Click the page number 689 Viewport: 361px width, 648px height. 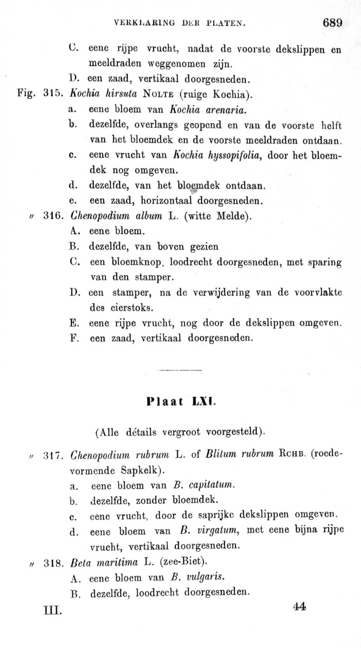332,23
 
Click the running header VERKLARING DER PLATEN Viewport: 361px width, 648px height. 180,23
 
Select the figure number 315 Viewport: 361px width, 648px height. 52,96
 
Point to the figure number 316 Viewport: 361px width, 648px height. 52,217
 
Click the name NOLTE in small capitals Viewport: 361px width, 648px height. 157,96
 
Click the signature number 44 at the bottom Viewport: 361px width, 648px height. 299,606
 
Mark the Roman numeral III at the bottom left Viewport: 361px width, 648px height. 52,612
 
